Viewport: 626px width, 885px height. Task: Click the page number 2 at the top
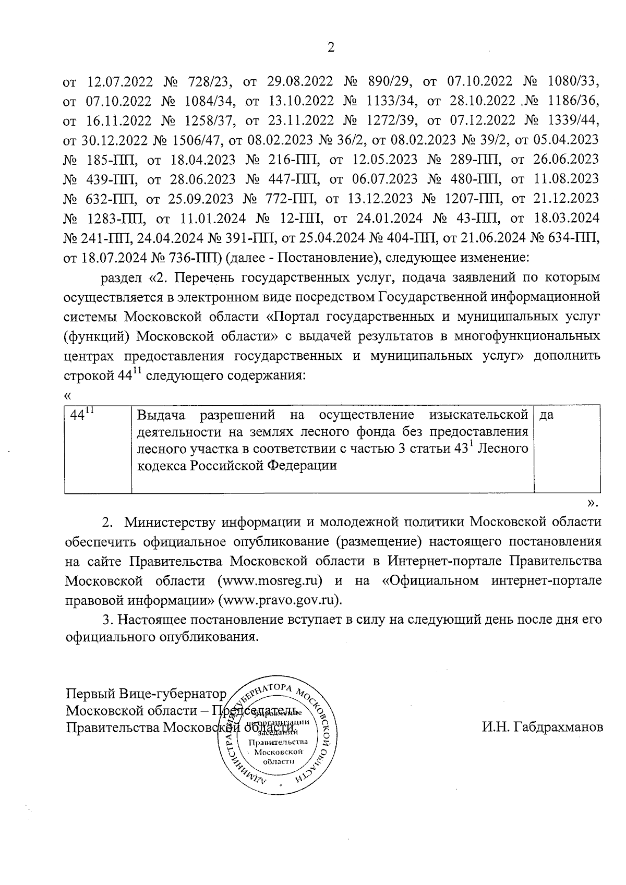[x=330, y=47]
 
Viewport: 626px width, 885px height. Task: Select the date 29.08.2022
[x=300, y=82]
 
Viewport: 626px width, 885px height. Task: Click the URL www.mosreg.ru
[x=271, y=580]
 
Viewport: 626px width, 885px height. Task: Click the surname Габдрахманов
[x=543, y=727]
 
